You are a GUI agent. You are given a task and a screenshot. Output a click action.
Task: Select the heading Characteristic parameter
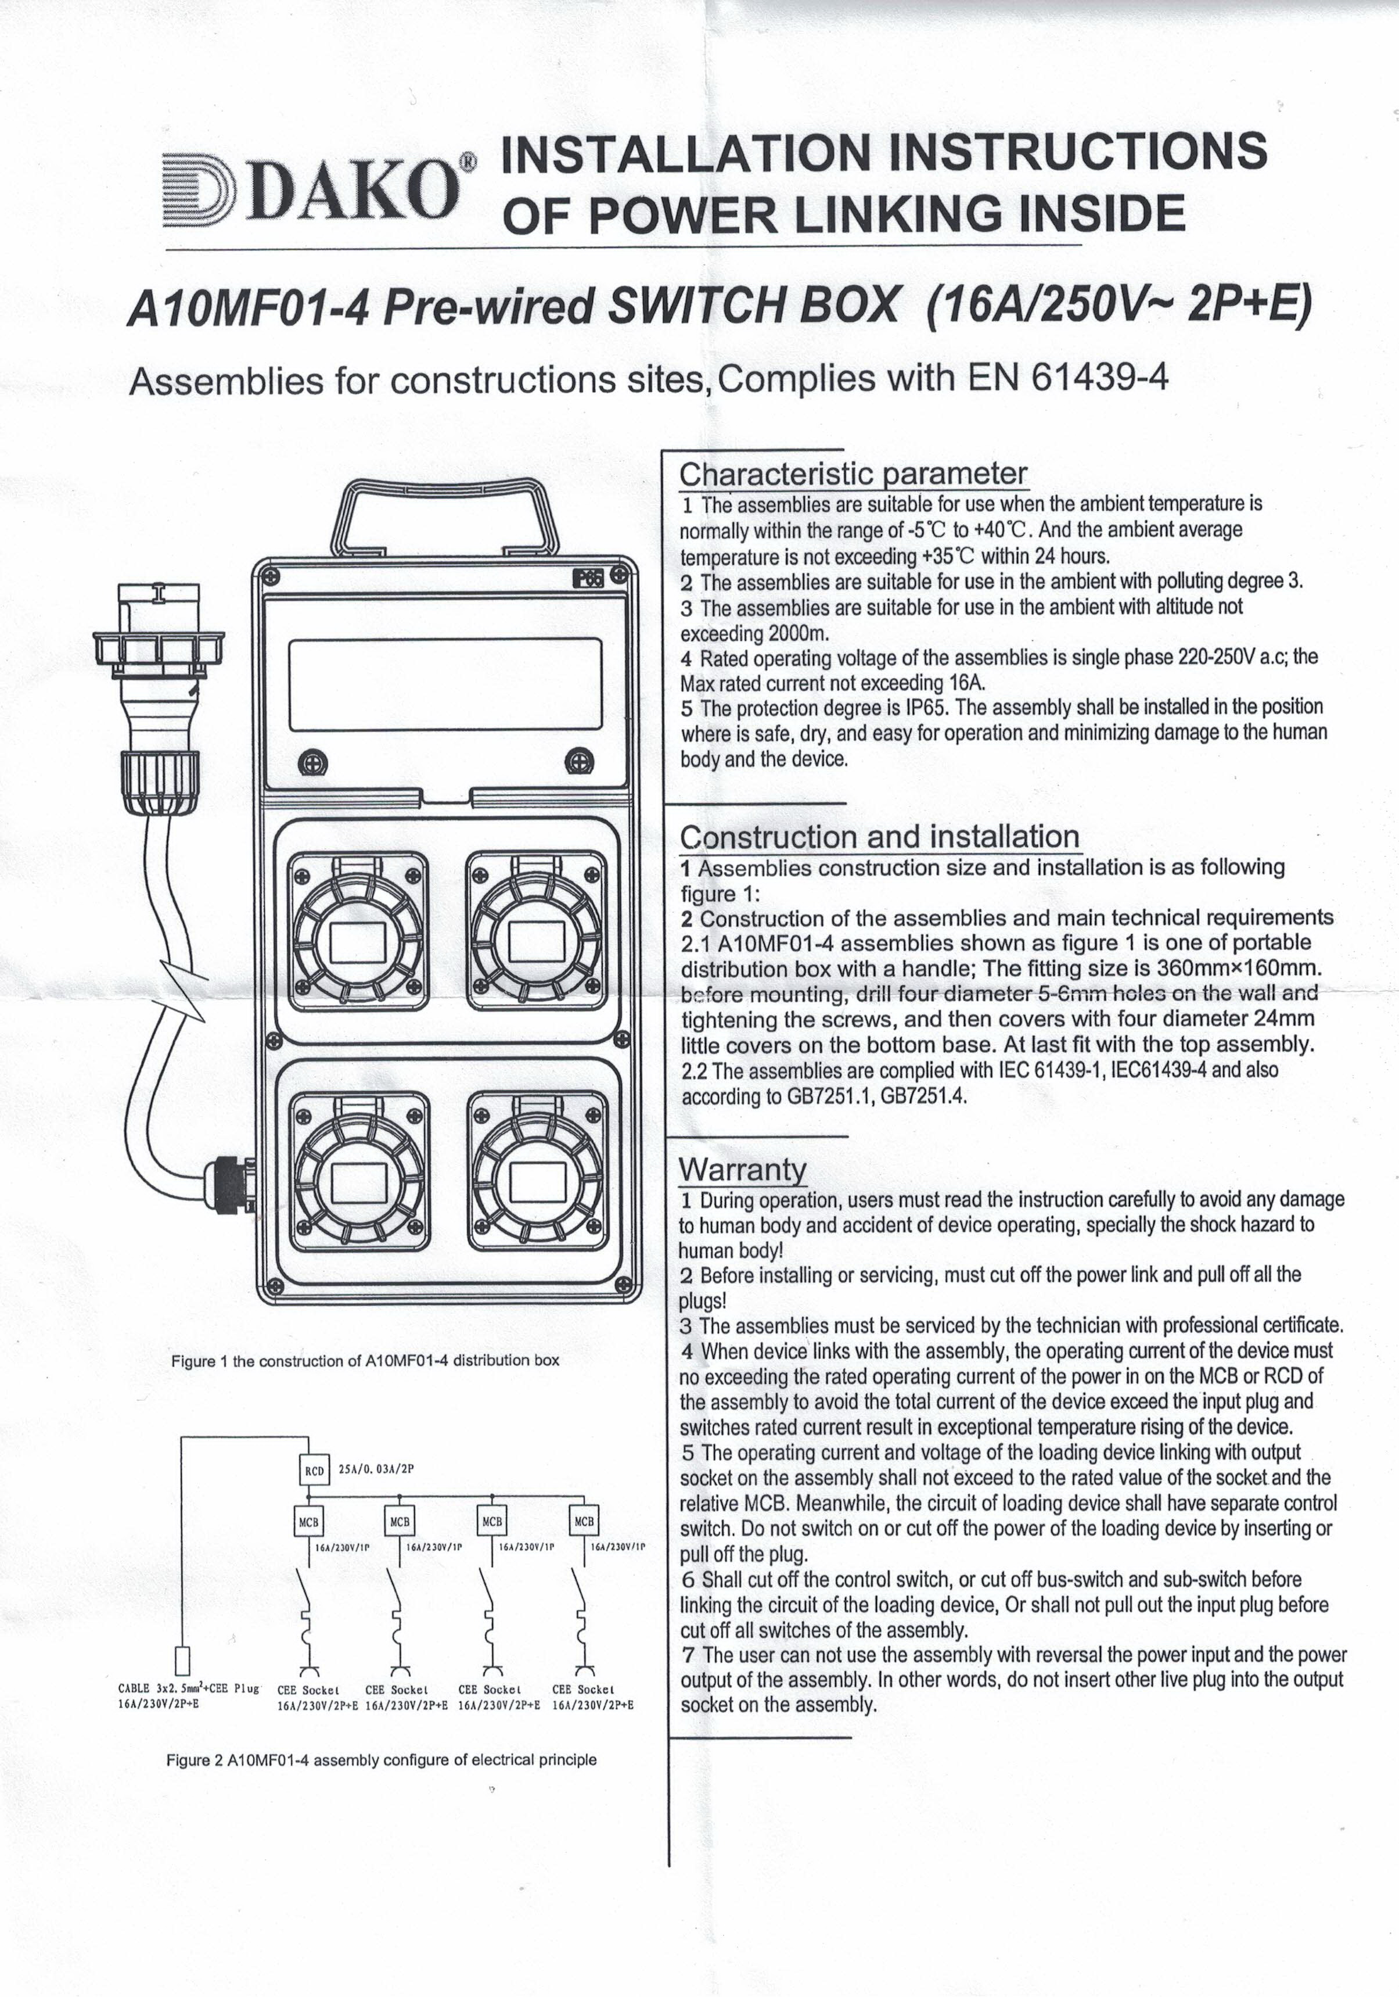click(x=852, y=474)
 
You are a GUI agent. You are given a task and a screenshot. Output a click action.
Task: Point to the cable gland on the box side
click(x=228, y=1183)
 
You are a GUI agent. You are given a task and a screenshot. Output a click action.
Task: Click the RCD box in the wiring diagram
click(x=314, y=1472)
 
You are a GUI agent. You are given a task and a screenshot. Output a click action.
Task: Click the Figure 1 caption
click(x=365, y=1360)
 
